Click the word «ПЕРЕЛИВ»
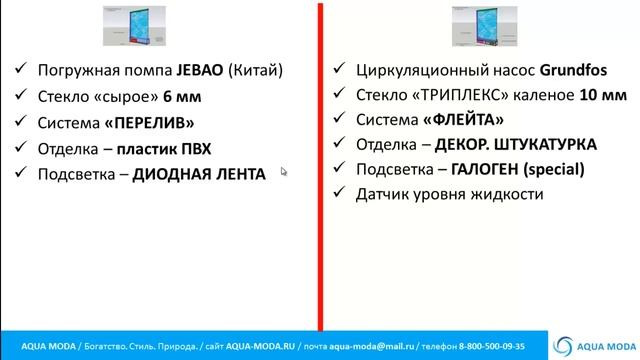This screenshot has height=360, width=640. click(x=153, y=123)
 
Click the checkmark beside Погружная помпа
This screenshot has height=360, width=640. click(x=21, y=71)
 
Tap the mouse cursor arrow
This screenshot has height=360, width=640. click(x=284, y=171)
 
